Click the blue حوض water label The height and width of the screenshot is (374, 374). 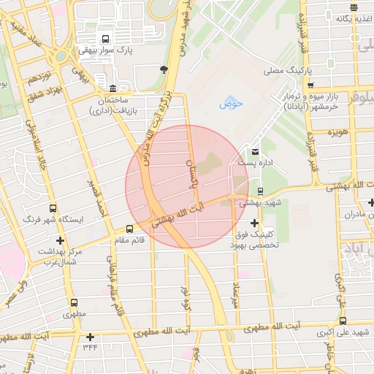tap(232, 103)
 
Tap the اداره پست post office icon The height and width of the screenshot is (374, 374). tap(254, 151)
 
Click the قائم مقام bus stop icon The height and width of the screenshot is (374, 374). tap(130, 228)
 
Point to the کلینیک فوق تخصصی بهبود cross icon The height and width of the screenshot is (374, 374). tap(254, 223)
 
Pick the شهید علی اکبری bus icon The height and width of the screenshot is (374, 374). tap(342, 321)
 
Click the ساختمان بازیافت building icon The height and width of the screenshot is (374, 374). tap(112, 87)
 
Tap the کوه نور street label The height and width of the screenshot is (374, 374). tap(187, 299)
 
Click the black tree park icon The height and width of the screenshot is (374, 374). tap(163, 69)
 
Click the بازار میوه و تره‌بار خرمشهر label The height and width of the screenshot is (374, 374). tap(302, 102)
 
